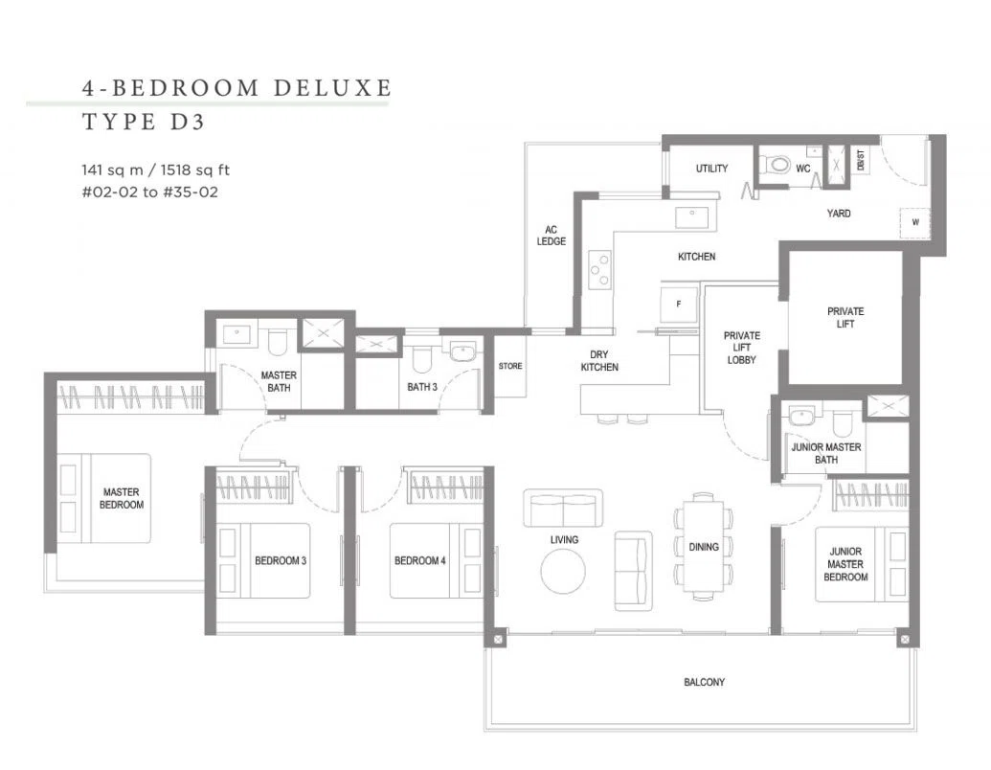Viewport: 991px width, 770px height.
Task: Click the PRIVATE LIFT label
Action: tap(845, 317)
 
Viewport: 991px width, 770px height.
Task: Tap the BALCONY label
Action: tap(704, 682)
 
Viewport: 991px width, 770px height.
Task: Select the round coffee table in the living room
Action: tap(563, 571)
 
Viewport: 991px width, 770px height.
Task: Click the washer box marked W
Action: tap(915, 222)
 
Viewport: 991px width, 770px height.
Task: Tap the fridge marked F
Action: tap(679, 306)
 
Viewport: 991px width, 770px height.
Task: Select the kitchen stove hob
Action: tap(599, 270)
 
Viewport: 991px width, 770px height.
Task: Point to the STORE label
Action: tap(510, 366)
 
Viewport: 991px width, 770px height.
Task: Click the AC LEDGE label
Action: tap(552, 236)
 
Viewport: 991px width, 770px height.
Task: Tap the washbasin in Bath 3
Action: tap(463, 352)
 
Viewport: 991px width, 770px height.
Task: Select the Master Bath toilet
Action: tap(278, 343)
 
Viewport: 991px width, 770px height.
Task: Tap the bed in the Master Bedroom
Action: tap(105, 498)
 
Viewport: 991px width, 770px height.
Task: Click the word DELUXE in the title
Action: tap(332, 87)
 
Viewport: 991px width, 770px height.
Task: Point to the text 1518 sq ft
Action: tap(194, 170)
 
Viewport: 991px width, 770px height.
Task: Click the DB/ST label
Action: tap(860, 161)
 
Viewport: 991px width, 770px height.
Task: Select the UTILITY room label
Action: tap(711, 169)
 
